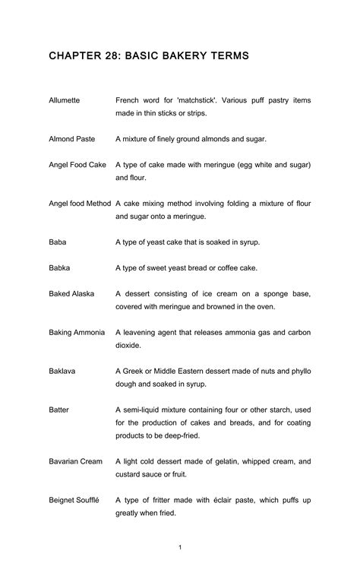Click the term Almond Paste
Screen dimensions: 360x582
click(71, 139)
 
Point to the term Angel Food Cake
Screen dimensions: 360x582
click(77, 164)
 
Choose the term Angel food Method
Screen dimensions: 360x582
click(80, 204)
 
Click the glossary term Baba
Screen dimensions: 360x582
click(58, 242)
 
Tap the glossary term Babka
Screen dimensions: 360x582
click(59, 267)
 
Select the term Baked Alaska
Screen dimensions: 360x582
click(71, 293)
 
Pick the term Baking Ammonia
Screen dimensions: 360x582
click(77, 332)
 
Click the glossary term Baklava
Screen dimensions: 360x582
click(62, 372)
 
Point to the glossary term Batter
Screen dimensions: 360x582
click(58, 410)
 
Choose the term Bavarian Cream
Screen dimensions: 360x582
click(75, 461)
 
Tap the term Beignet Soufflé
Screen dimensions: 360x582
click(74, 500)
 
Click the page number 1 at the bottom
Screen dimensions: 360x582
click(180, 547)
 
